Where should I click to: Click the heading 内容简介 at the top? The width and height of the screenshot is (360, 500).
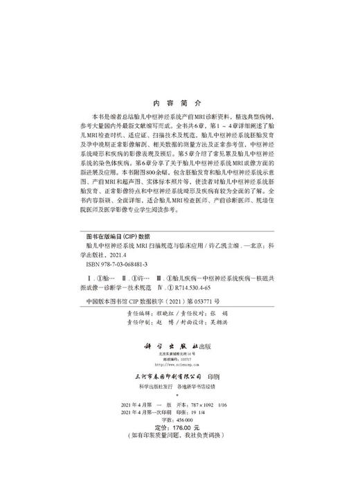[x=179, y=101]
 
